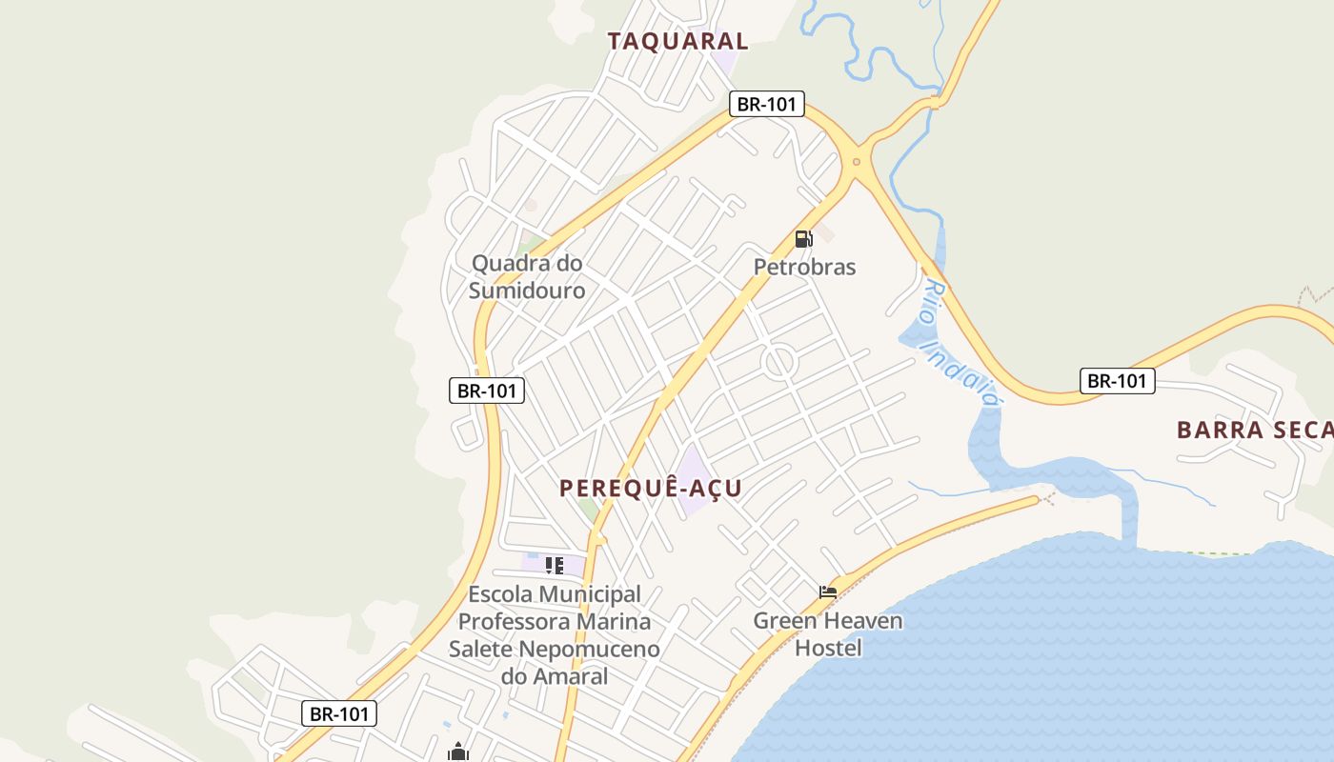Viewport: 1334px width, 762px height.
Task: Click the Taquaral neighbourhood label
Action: click(677, 41)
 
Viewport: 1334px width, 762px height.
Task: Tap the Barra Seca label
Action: click(1254, 430)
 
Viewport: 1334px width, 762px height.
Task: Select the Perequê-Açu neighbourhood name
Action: click(650, 489)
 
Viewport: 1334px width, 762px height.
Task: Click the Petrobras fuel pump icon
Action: click(803, 239)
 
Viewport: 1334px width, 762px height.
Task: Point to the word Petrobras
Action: click(804, 268)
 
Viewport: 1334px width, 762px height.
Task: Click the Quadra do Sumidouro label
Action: click(527, 276)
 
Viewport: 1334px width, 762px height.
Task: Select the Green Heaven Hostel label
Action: click(828, 634)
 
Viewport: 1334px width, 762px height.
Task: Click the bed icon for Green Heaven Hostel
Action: click(827, 592)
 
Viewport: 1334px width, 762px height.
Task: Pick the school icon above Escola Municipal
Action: click(554, 566)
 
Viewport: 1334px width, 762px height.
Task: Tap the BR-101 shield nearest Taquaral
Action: click(767, 104)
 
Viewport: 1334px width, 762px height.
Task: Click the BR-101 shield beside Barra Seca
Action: click(1117, 381)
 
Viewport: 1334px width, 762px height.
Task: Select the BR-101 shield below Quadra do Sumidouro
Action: click(487, 390)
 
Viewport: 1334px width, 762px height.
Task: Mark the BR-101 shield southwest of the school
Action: click(339, 713)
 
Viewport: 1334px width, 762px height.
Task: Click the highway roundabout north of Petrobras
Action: click(856, 162)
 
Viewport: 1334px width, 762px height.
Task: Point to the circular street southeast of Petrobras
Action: click(779, 362)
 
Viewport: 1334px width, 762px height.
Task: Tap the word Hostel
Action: click(828, 649)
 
